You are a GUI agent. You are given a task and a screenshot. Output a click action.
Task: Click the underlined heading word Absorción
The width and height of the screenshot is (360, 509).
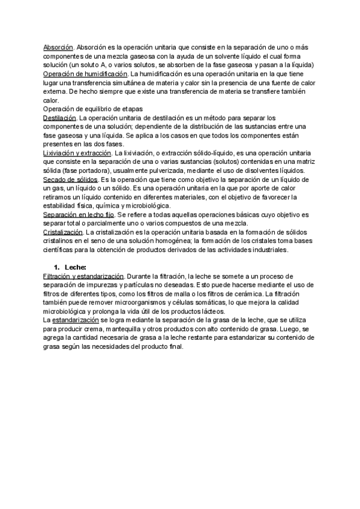pos(58,47)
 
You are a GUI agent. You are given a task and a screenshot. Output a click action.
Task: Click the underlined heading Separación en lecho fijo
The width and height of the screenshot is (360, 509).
pos(80,214)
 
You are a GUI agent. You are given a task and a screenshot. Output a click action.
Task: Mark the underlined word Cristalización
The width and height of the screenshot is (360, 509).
pos(62,232)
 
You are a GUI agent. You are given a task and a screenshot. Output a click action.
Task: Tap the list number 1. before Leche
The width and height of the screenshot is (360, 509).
pos(57,267)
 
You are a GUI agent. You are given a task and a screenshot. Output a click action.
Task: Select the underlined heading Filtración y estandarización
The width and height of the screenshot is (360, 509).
pos(83,276)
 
